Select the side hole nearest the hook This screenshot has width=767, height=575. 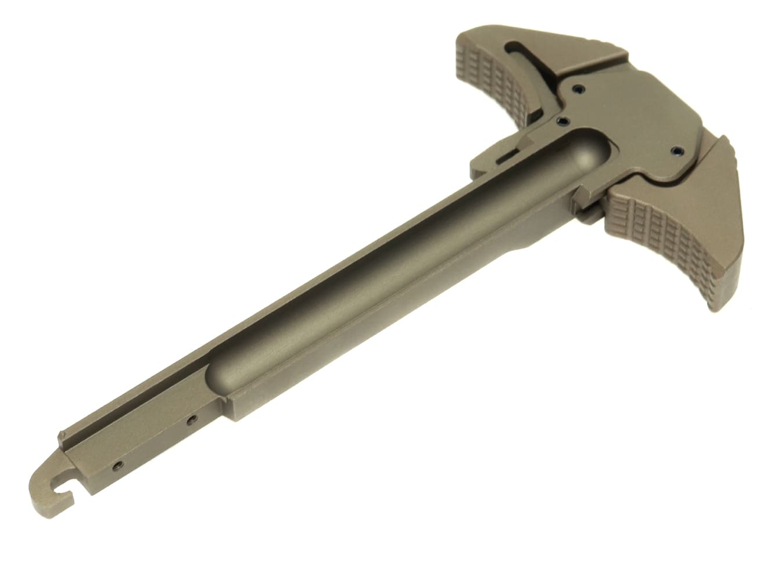118,465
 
